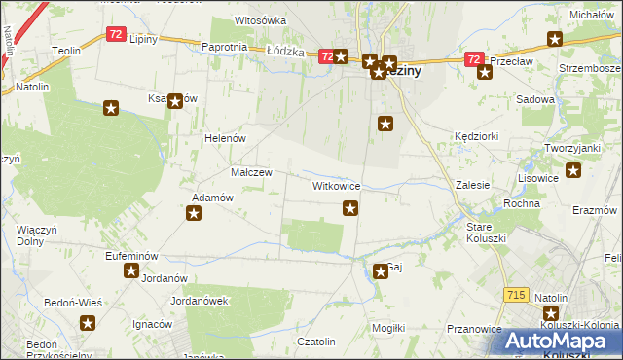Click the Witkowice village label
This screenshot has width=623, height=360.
click(x=337, y=185)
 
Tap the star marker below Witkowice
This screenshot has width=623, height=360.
click(x=350, y=207)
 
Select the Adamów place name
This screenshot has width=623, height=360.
click(x=211, y=198)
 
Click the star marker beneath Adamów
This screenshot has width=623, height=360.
click(x=195, y=214)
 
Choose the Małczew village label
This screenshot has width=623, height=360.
click(x=250, y=171)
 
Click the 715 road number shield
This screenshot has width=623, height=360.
click(x=516, y=294)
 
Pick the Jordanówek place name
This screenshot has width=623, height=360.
click(x=199, y=301)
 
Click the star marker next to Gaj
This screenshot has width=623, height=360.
click(x=380, y=270)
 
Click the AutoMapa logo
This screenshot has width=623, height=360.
click(x=556, y=341)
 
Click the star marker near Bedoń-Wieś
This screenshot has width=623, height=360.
click(x=88, y=325)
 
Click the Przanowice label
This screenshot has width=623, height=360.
click(x=474, y=330)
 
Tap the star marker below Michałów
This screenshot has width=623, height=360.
click(x=555, y=39)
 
